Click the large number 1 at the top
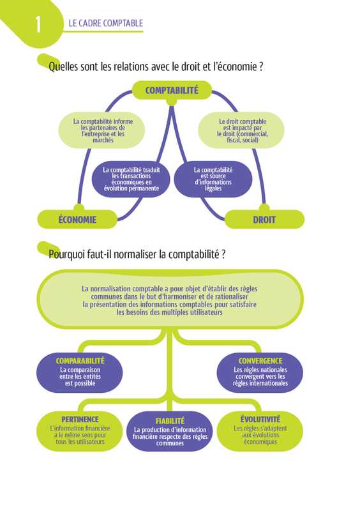coord(38,24)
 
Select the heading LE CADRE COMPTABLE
coord(106,23)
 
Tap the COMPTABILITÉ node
coord(172,90)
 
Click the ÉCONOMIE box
coord(77,219)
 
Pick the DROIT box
coord(264,219)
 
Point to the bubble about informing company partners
coord(101,130)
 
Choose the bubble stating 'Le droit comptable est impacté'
coord(241,130)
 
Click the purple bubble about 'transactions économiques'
coord(131,179)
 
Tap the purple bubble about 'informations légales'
coord(213,179)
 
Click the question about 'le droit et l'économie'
coord(156,67)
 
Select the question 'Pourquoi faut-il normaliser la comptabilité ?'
coord(137,254)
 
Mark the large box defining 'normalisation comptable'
coord(170,300)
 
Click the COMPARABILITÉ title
coord(80,361)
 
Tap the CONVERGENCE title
coord(260,361)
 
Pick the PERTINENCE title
coord(80,420)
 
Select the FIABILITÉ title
coord(170,421)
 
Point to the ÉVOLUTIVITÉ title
coord(260,419)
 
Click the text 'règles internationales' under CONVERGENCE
coord(260,383)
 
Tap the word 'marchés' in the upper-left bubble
coord(103,140)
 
